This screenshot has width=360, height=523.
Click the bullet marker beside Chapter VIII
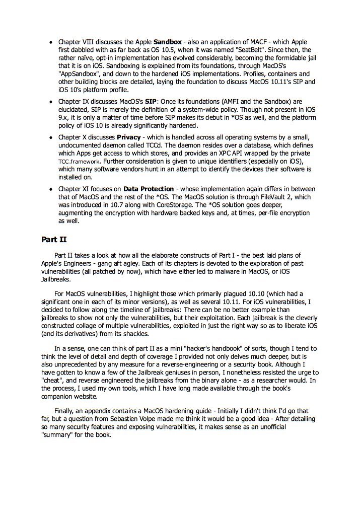(51, 41)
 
